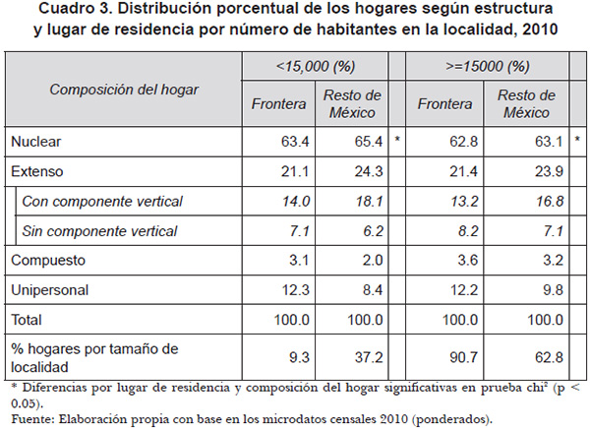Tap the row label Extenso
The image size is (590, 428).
click(x=36, y=171)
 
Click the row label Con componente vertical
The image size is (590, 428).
click(x=103, y=202)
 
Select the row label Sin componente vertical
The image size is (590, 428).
click(x=99, y=231)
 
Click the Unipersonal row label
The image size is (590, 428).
click(x=50, y=291)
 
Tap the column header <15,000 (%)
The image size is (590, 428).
click(x=315, y=67)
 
